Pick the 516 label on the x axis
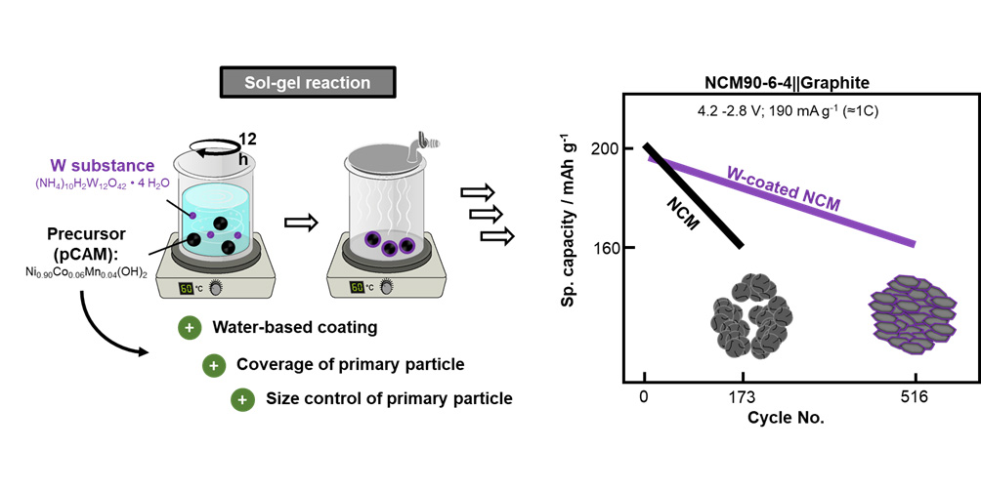[915, 396]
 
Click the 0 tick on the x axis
[644, 396]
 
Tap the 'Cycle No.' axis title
[781, 418]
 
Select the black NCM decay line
[694, 195]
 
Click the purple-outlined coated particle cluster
[914, 312]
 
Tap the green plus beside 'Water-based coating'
[189, 329]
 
